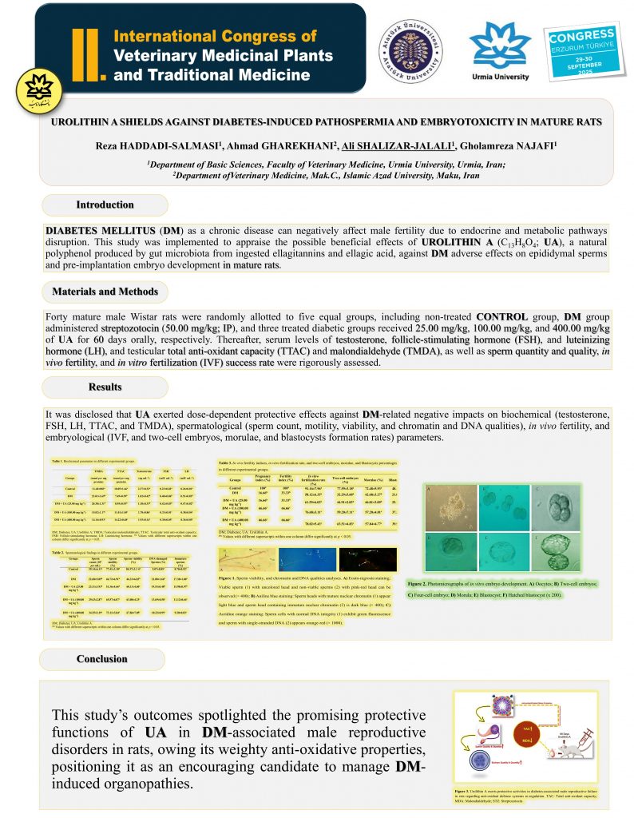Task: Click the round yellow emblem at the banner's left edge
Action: point(30,92)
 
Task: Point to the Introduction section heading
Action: point(105,205)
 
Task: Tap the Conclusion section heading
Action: point(101,659)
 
